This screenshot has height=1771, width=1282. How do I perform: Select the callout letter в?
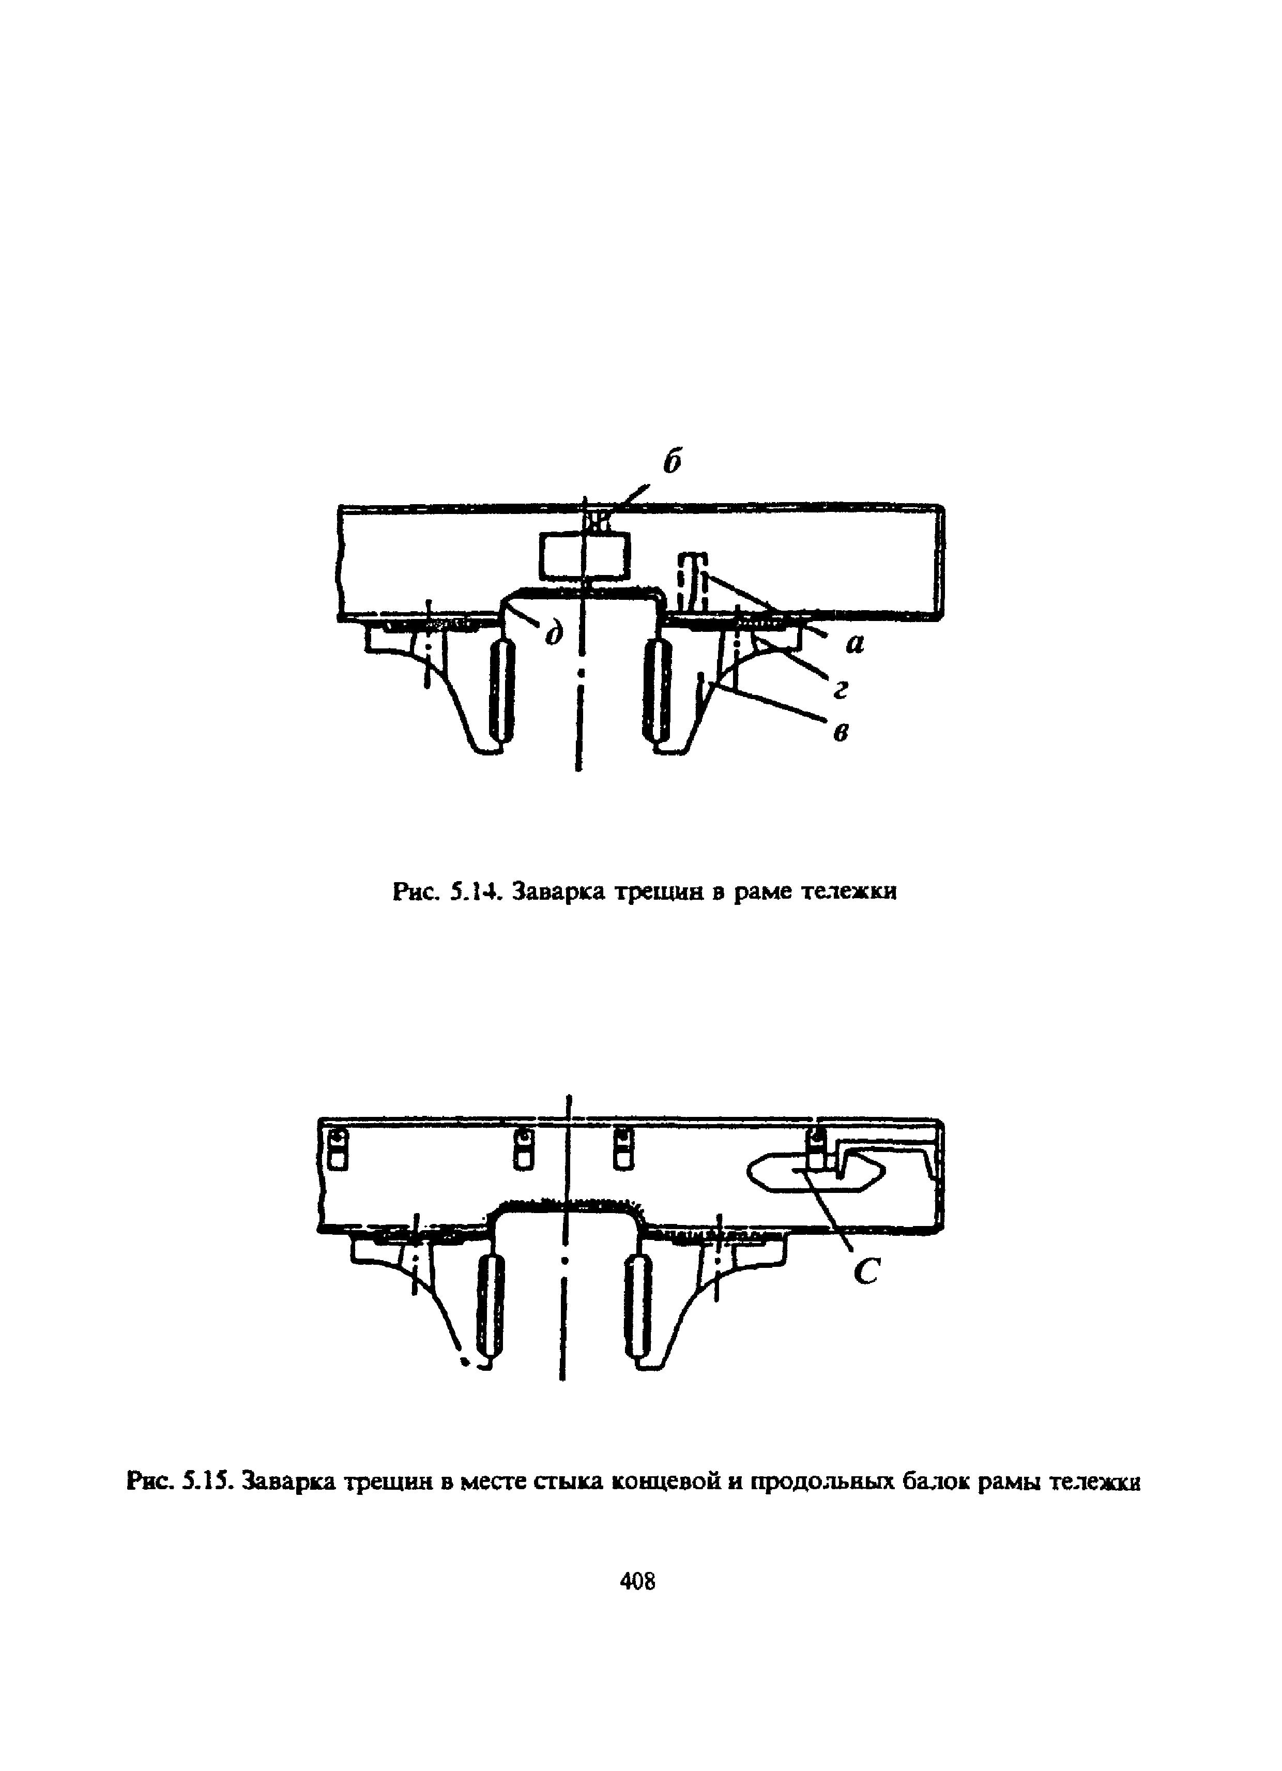click(x=841, y=732)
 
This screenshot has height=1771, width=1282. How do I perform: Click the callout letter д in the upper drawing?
click(x=554, y=633)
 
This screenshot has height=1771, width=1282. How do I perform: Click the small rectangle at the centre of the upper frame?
click(x=583, y=557)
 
